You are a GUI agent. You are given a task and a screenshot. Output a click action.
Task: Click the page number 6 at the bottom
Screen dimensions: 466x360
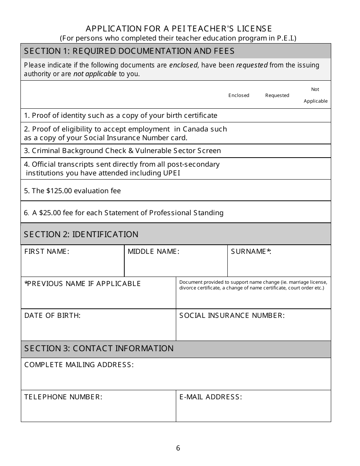(x=178, y=448)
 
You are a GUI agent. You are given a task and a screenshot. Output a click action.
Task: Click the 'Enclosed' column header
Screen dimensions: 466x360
(x=239, y=95)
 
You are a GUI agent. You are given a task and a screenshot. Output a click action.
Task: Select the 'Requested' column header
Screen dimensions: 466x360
(x=277, y=95)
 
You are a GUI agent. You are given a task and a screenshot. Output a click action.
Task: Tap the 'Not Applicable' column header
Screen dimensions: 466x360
(x=315, y=95)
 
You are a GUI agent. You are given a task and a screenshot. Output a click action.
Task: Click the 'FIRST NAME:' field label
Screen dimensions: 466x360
(x=47, y=252)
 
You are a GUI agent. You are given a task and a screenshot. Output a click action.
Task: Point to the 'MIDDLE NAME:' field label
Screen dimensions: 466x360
(x=153, y=252)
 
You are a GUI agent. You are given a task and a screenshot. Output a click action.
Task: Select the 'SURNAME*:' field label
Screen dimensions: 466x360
(x=251, y=252)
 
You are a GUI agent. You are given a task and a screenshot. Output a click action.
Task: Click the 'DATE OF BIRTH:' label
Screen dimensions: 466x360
(x=52, y=316)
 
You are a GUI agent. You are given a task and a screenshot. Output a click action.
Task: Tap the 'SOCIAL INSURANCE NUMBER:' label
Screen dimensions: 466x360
(x=232, y=316)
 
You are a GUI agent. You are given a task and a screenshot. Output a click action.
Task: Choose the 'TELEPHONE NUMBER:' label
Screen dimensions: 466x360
(x=63, y=397)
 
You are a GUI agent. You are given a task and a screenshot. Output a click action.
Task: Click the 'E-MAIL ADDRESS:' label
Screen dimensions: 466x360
(x=210, y=397)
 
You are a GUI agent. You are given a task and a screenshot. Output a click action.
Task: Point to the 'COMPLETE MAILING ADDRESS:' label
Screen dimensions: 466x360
(x=79, y=365)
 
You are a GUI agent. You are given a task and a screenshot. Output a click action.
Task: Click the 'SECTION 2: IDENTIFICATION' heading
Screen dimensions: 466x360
(x=81, y=235)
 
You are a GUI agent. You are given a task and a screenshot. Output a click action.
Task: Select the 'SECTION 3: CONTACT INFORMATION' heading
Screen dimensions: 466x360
(x=99, y=349)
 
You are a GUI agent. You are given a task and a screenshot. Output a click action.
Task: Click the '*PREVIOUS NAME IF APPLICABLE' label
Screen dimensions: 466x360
(x=83, y=284)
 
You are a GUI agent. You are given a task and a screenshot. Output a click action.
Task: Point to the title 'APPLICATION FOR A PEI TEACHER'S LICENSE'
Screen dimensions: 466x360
(x=179, y=29)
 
